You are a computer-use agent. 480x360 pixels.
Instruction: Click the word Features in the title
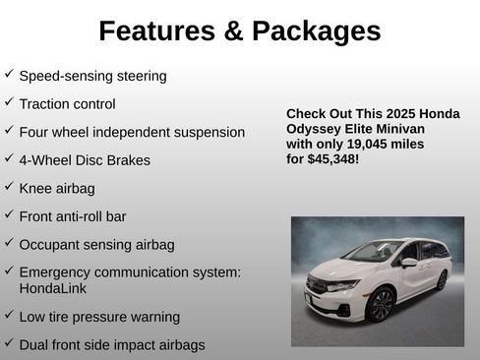pyautogui.click(x=155, y=31)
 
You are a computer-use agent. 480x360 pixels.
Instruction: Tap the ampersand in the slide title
pyautogui.click(x=231, y=31)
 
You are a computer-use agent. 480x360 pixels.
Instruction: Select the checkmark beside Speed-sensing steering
pyautogui.click(x=9, y=74)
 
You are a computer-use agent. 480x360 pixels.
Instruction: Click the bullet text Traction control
pyautogui.click(x=67, y=103)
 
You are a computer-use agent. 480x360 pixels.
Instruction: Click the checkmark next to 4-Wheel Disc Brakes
pyautogui.click(x=9, y=157)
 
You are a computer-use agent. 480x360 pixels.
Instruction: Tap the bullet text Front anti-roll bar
pyautogui.click(x=73, y=215)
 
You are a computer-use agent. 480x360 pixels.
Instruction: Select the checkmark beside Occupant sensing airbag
pyautogui.click(x=9, y=242)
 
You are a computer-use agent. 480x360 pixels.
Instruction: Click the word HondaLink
pyautogui.click(x=51, y=289)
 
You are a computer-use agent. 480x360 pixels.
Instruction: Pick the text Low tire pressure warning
pyautogui.click(x=99, y=317)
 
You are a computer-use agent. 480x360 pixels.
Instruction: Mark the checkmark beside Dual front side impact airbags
pyautogui.click(x=9, y=343)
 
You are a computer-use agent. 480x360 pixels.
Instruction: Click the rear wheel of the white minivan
pyautogui.click(x=442, y=279)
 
